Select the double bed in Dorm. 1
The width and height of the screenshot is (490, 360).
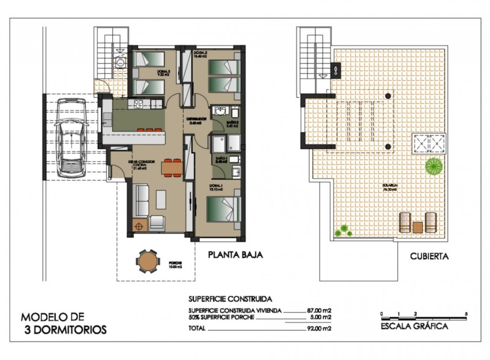223,209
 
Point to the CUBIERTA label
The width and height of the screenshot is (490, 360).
429,256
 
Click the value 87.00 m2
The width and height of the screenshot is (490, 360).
319,310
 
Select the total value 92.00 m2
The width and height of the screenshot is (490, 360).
319,329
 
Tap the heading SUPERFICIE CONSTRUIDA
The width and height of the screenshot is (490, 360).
230,299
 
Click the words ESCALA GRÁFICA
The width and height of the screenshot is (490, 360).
415,327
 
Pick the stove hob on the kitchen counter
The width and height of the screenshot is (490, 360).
139,104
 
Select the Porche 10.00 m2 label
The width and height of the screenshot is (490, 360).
175,264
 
